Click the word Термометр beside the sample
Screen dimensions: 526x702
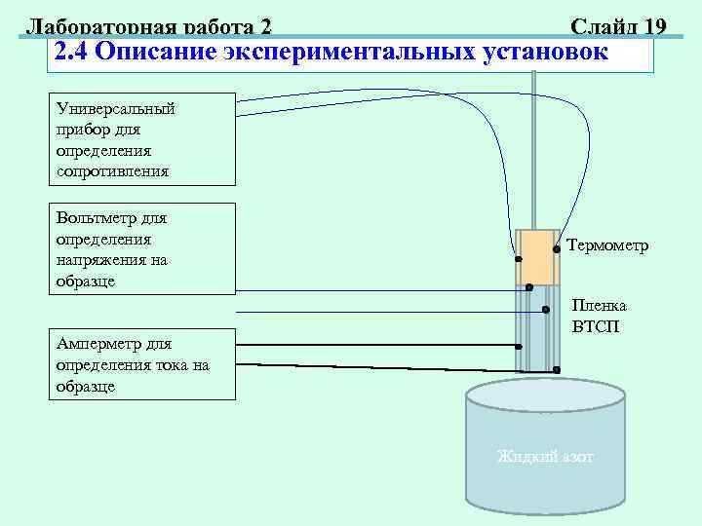(x=606, y=246)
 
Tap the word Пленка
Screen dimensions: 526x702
(x=599, y=305)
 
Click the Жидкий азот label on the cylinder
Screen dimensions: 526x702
(x=545, y=457)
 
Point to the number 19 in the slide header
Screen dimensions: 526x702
(x=650, y=26)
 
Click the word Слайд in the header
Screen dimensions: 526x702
(x=599, y=26)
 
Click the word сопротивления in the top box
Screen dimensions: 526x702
(x=112, y=171)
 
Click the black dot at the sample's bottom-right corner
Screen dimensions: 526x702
(x=556, y=370)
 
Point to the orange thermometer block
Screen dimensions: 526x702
(x=538, y=256)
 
